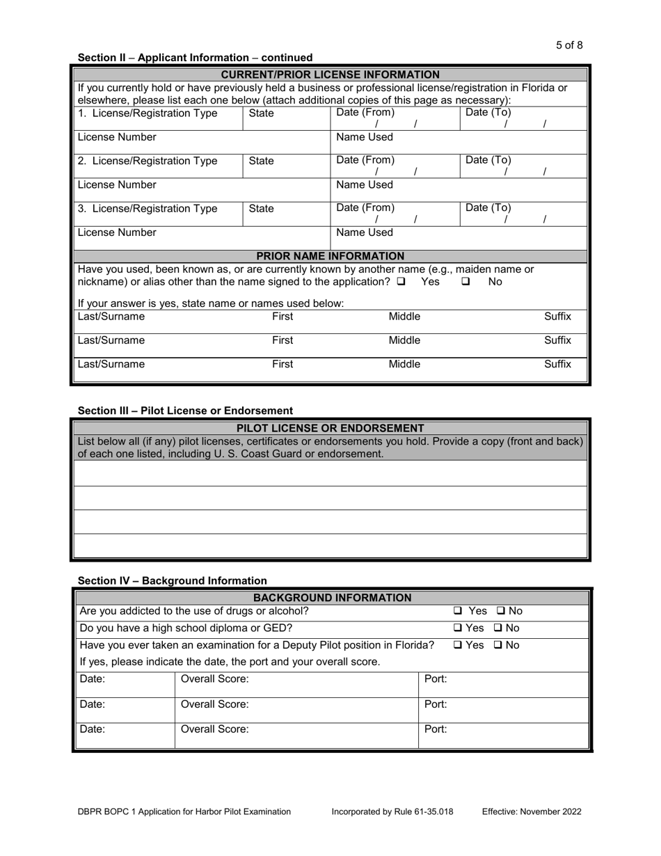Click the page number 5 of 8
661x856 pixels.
click(569, 45)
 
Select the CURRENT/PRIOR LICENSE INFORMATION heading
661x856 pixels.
click(330, 74)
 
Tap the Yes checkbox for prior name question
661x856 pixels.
click(401, 282)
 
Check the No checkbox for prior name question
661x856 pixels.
click(466, 282)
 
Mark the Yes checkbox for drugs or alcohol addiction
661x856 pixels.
click(458, 611)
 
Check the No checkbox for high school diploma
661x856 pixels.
click(500, 628)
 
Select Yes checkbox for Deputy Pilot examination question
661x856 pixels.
click(458, 645)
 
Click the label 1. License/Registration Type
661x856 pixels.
click(147, 113)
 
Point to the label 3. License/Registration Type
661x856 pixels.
click(147, 208)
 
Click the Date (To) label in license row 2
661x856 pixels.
click(488, 160)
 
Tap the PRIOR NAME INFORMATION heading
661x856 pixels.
click(330, 256)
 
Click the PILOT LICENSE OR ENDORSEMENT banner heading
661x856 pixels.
click(330, 428)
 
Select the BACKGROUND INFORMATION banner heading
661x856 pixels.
click(332, 597)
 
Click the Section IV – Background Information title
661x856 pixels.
click(172, 580)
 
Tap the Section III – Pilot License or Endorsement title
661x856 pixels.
click(185, 411)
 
